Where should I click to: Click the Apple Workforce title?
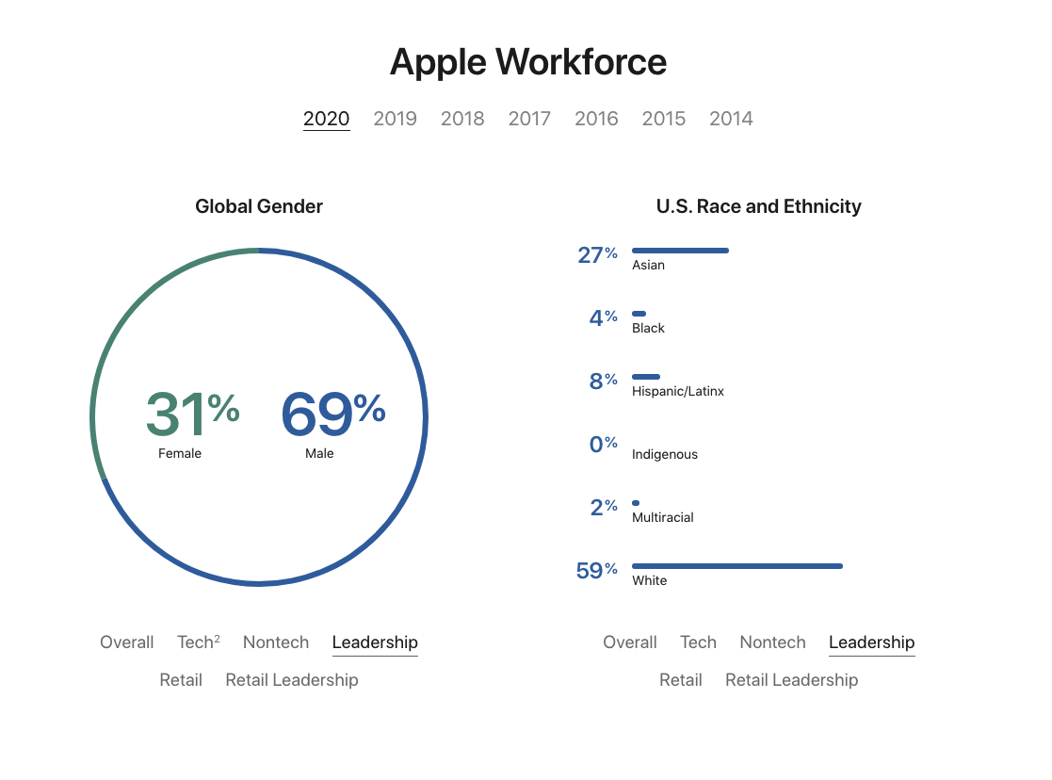tap(527, 62)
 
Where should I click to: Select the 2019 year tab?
tap(395, 119)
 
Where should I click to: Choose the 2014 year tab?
tap(731, 119)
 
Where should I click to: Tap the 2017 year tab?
tap(529, 119)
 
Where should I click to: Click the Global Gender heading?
tap(259, 206)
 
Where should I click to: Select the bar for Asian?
tap(680, 251)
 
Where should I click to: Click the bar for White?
tap(736, 566)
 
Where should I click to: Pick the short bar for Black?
tap(639, 314)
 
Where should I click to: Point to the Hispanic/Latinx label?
tap(678, 391)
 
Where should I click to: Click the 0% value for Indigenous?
tap(603, 444)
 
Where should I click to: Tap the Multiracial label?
tap(662, 517)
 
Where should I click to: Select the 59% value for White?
tap(596, 571)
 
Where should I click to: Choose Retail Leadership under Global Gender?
tap(292, 680)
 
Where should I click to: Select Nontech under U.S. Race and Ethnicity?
tap(772, 642)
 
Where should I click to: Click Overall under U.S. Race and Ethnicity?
tap(629, 642)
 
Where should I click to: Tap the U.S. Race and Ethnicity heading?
tap(758, 206)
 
